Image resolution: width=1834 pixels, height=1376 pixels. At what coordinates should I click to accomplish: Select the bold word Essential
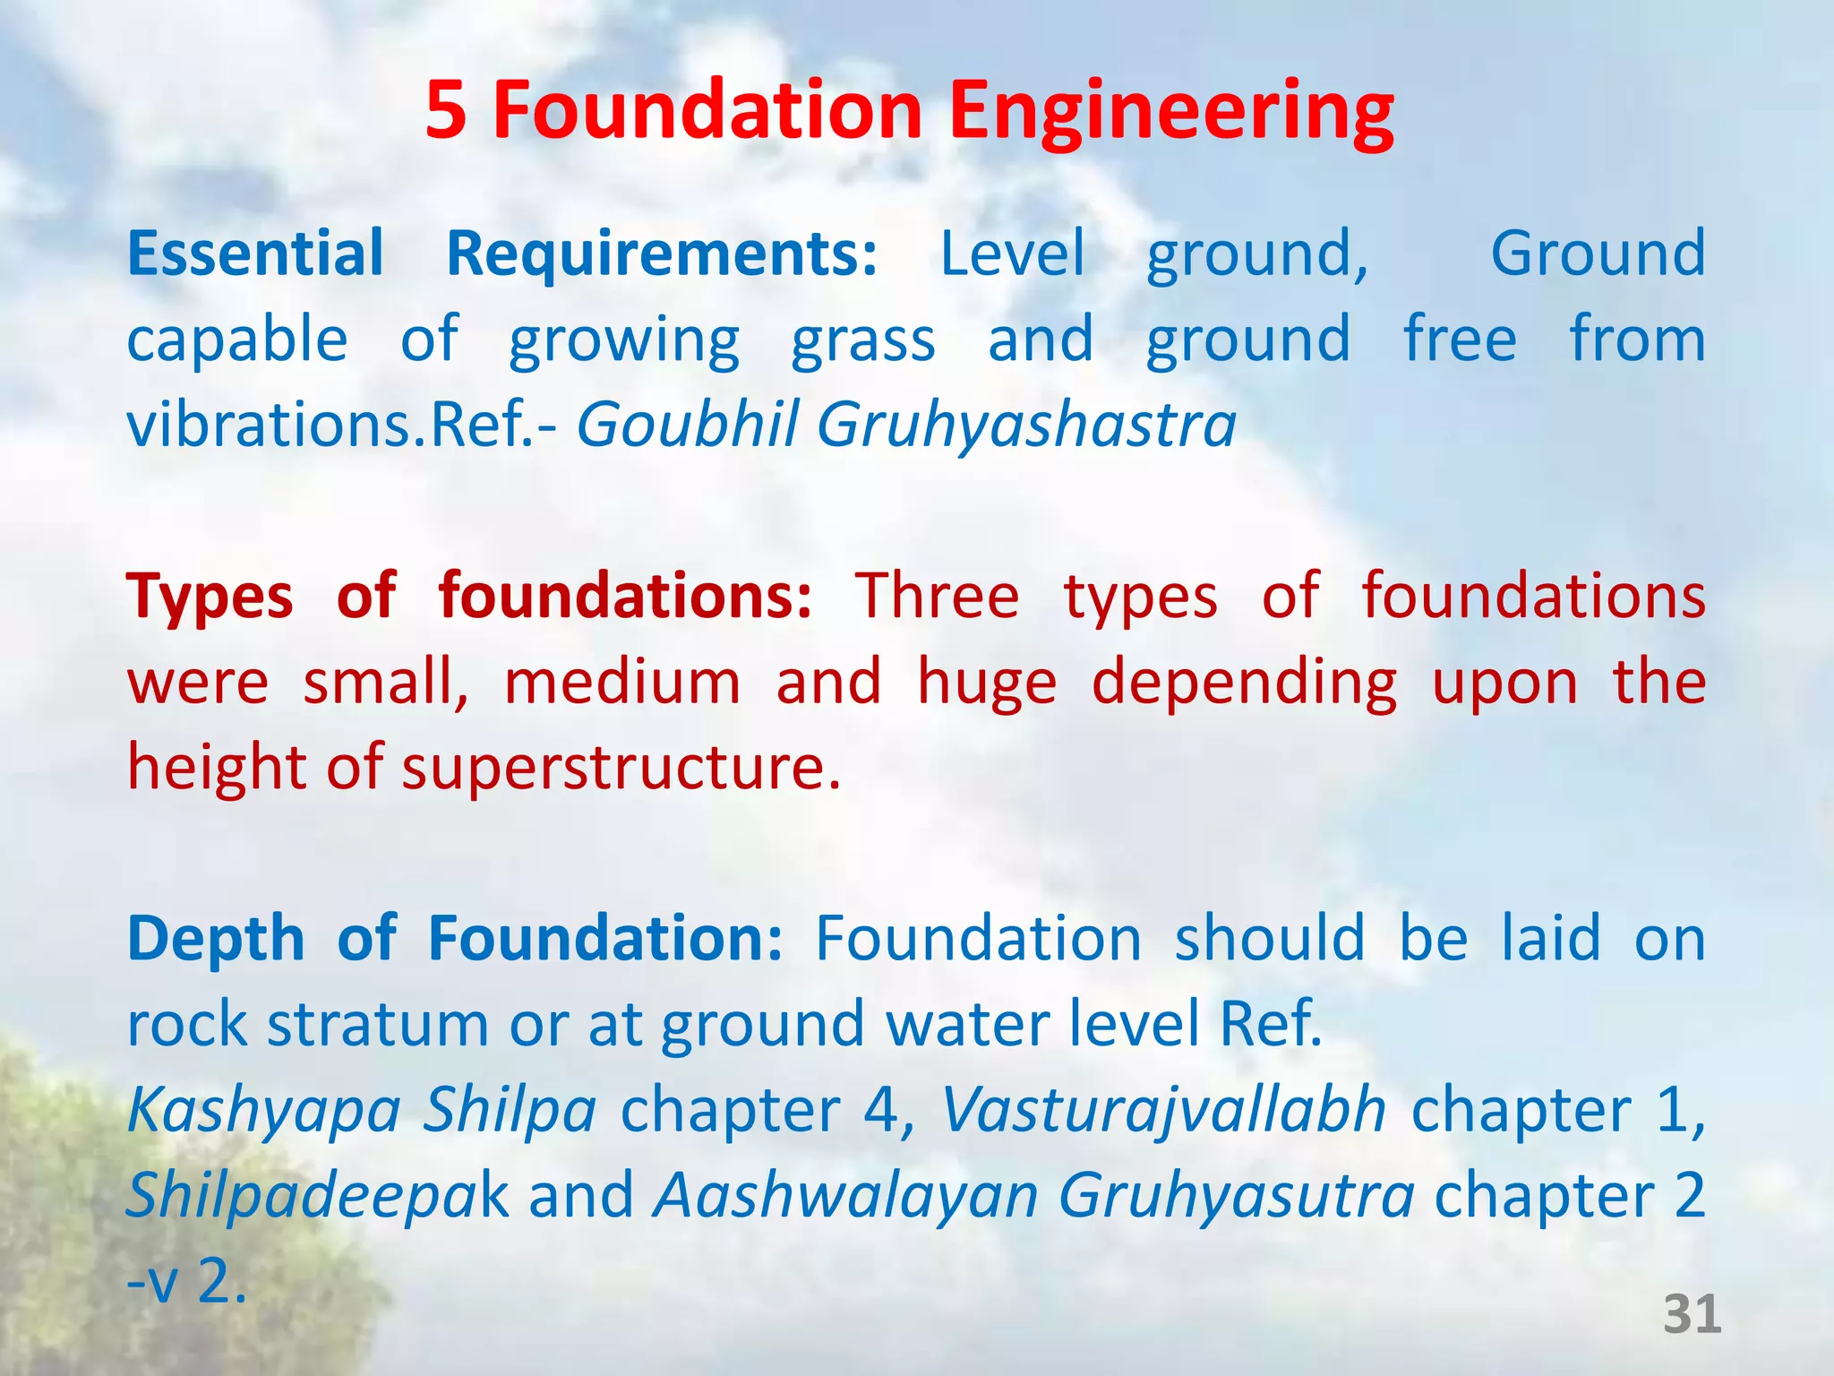[x=255, y=254]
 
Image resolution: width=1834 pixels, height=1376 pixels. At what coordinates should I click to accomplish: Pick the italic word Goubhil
[x=687, y=424]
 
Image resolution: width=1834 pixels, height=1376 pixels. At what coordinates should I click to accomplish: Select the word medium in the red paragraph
[x=622, y=683]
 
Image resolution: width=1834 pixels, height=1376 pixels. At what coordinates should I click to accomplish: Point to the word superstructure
[x=621, y=769]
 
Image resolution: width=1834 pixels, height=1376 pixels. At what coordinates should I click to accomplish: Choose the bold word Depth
[x=216, y=938]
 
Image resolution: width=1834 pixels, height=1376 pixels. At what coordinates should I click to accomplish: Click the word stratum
[x=377, y=1024]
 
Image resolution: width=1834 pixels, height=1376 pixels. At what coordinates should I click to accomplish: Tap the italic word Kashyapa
[x=263, y=1111]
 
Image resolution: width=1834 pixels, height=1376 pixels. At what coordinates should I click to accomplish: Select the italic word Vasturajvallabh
[x=1163, y=1111]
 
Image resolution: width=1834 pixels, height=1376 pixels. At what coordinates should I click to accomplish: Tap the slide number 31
[x=1692, y=1314]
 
